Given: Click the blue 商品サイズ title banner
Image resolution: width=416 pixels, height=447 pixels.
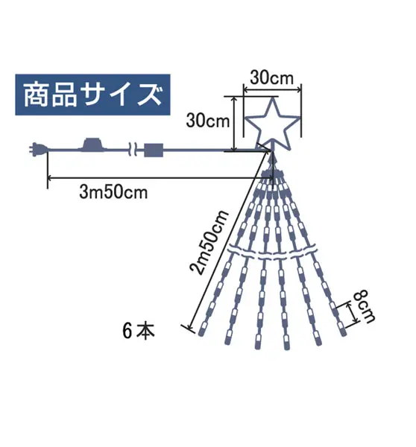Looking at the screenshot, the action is coord(92,95).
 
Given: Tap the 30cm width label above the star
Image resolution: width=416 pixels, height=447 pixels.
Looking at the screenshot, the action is coord(271,77).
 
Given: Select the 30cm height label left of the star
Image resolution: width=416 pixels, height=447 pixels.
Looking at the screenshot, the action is coord(208,120).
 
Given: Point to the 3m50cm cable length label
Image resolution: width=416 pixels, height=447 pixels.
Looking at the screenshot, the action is coord(113,192).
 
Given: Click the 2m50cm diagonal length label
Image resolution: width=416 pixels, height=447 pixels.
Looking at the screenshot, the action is coord(209,242).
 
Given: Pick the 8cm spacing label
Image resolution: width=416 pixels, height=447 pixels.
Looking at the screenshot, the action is coord(364,306).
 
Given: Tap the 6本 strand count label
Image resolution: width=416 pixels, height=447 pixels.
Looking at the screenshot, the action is coord(139,331).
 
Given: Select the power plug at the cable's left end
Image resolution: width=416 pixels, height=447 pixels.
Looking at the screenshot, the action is coord(39,150).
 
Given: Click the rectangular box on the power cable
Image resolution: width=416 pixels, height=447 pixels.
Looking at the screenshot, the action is coord(154,150).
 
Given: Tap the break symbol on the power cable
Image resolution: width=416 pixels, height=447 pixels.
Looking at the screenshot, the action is coord(133,150).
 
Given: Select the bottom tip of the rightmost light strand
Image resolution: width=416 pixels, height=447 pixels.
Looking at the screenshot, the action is coord(343,332).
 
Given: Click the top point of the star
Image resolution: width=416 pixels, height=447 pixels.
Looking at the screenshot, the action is coord(273,98).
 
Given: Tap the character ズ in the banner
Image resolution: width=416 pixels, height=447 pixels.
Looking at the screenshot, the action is coord(150,95).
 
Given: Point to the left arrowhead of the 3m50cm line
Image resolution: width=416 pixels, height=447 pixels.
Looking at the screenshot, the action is coord(49,179).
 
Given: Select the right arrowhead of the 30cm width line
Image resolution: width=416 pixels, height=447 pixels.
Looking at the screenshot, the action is coord(299,90).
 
